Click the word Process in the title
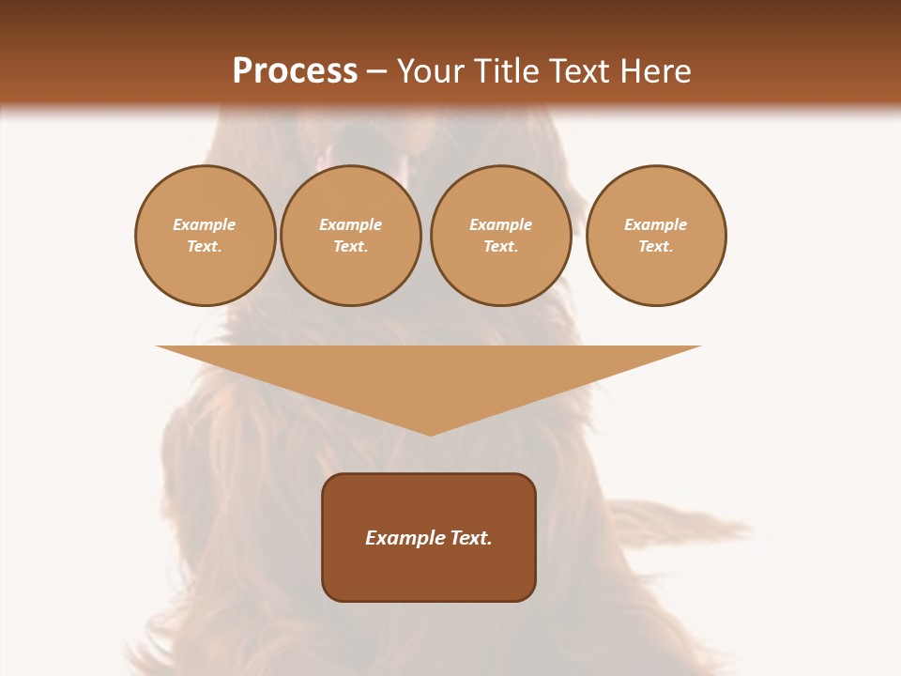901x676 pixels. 295,71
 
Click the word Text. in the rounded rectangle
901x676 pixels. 471,538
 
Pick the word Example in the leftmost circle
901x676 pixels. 205,224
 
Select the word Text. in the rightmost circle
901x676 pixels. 655,246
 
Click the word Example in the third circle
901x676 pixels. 500,224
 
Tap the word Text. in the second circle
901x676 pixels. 350,246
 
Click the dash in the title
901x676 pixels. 377,71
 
